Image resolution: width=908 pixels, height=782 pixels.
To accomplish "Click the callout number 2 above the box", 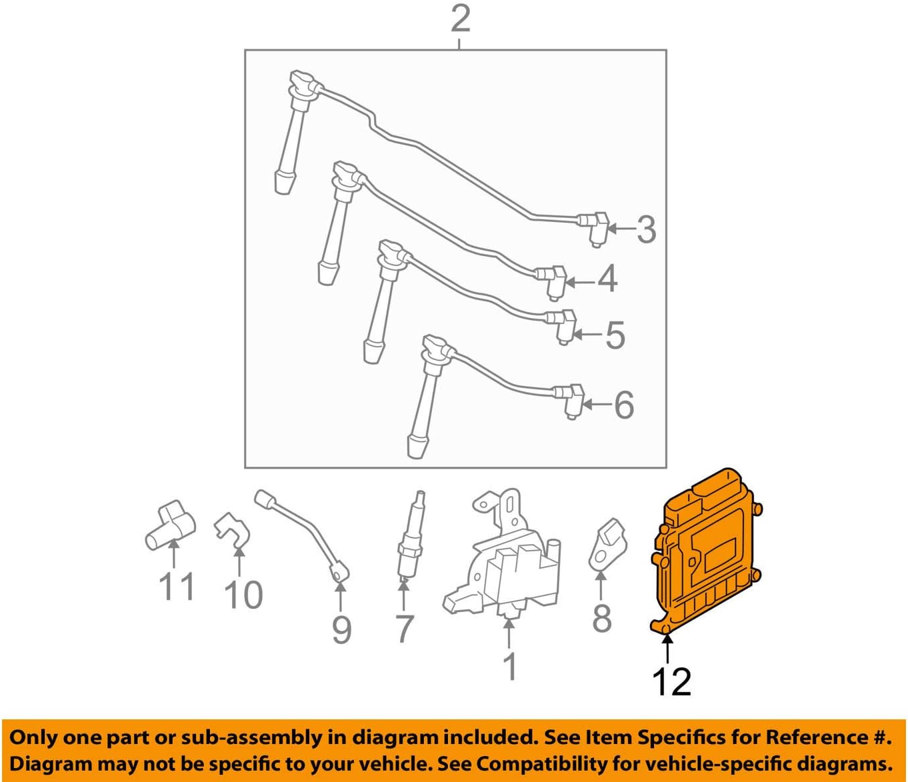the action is click(460, 19).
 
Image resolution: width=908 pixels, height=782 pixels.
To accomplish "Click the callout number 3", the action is click(646, 230).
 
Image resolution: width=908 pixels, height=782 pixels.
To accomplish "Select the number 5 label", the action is click(615, 335).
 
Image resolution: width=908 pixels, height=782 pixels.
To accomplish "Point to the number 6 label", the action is click(623, 405).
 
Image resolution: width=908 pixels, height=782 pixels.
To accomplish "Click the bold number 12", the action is click(671, 681).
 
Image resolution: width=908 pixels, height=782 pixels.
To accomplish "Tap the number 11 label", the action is click(177, 587).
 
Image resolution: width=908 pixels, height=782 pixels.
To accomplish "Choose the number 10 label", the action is click(243, 595).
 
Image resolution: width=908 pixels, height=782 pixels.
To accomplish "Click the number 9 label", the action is click(341, 629).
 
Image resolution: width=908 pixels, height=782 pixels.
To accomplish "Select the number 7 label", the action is click(405, 629).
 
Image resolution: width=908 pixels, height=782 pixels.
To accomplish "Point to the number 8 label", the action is click(601, 618).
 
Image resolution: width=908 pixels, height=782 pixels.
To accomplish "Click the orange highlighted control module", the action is click(705, 553).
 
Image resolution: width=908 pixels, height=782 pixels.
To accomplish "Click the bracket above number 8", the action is click(608, 544).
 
